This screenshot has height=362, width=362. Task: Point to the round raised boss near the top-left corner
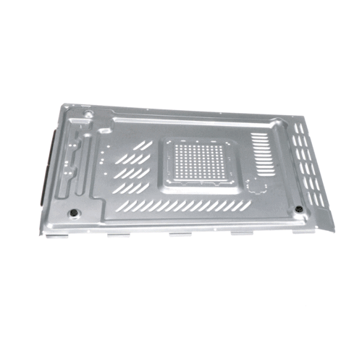tap(85, 114)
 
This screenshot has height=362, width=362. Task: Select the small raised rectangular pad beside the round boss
tap(104, 131)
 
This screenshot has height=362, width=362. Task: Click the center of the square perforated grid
tap(203, 163)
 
